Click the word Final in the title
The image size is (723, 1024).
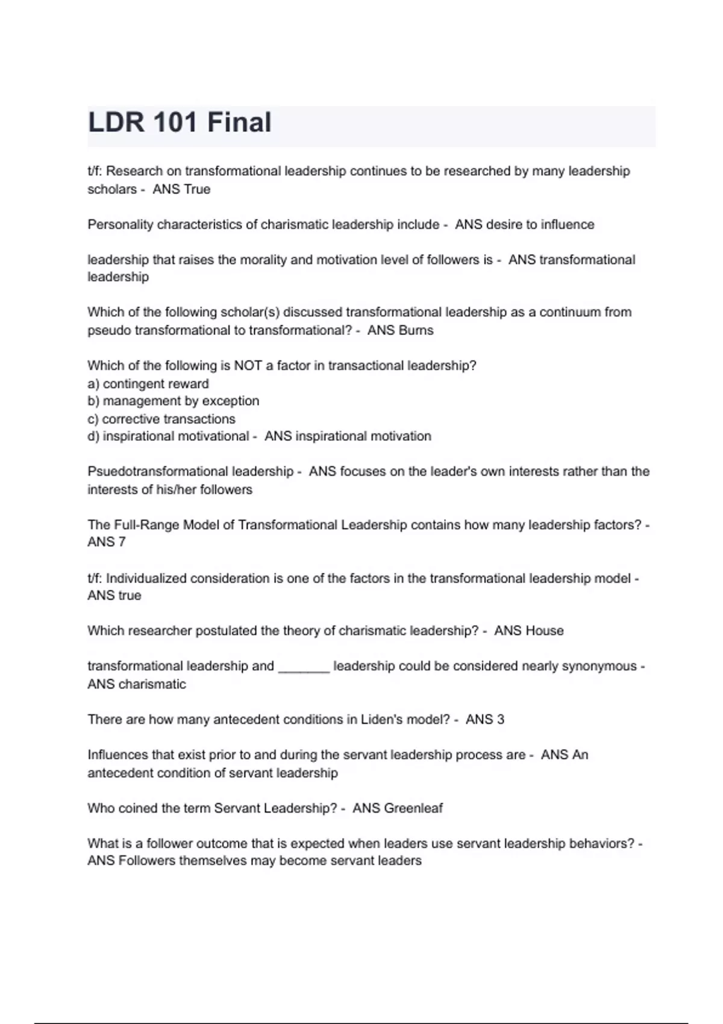[239, 122]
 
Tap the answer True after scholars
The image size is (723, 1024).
[198, 189]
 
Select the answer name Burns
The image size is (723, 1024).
[418, 330]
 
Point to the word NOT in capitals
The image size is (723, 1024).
[249, 366]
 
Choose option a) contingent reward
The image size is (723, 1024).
[148, 384]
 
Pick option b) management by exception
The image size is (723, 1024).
[174, 401]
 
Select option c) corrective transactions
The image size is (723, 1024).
[161, 419]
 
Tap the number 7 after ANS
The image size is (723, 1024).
[122, 542]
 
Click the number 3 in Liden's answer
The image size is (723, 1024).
[500, 719]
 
